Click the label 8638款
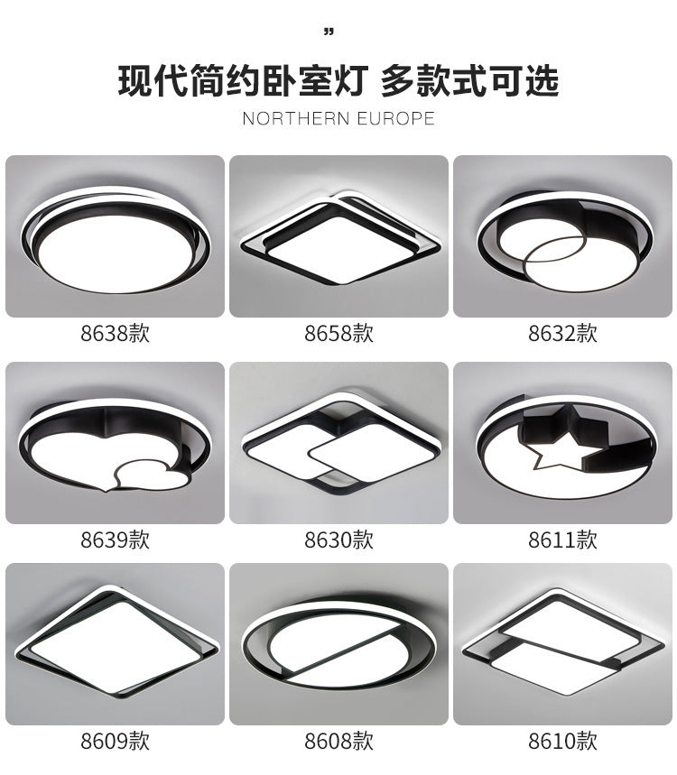(115, 334)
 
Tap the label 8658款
(338, 334)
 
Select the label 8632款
(562, 334)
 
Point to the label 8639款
(115, 540)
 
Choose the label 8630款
(338, 540)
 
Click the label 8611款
(562, 540)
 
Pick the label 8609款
(115, 742)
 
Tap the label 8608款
(338, 742)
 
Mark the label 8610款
(562, 742)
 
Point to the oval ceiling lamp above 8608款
(338, 643)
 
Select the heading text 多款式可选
(469, 81)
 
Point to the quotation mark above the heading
(329, 33)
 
